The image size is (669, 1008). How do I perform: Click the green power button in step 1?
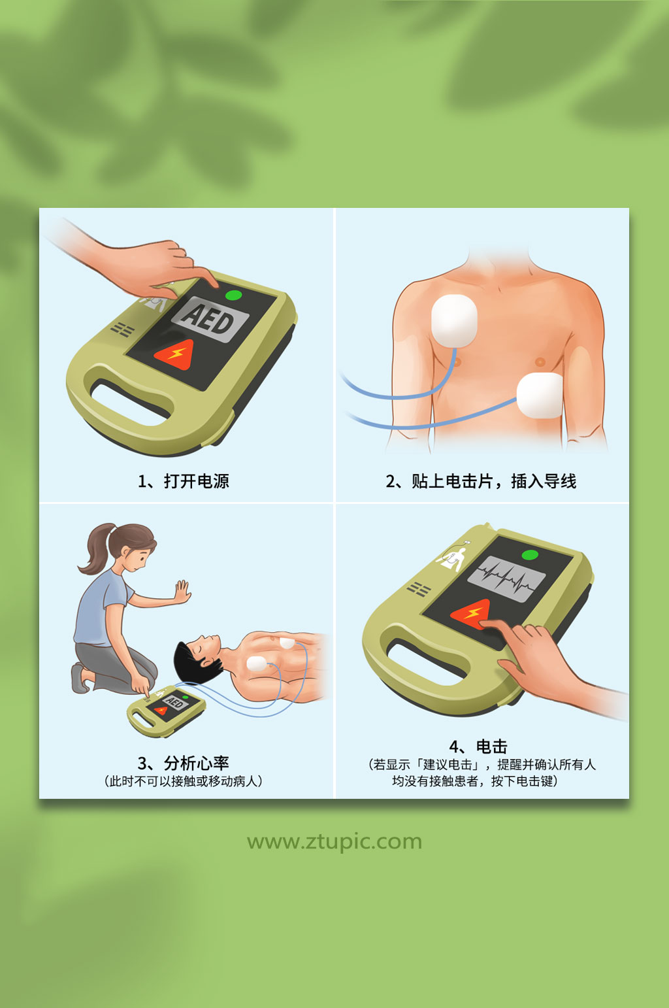pos(233,295)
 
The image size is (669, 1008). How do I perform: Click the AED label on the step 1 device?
pos(210,319)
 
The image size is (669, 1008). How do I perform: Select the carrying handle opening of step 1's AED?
pos(130,401)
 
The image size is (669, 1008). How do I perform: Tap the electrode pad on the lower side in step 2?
pos(540,395)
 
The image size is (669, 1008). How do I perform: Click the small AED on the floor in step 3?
pos(165,709)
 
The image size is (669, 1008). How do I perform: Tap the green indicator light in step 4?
pos(530,555)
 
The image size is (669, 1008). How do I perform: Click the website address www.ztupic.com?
pos(334,841)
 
